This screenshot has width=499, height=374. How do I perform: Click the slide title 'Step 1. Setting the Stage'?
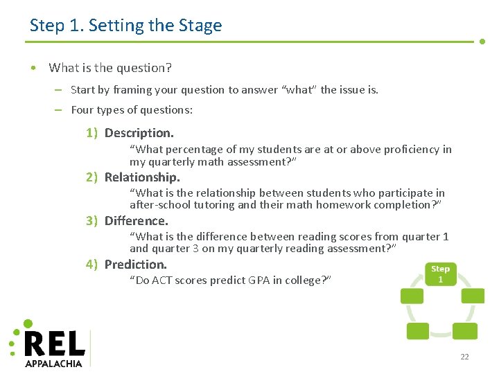tap(125, 26)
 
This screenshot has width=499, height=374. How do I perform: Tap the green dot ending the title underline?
tap(482, 42)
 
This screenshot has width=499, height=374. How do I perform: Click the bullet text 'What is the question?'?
tap(110, 68)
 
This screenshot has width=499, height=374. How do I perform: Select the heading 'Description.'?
tap(139, 133)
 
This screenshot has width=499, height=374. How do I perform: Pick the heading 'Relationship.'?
tap(141, 177)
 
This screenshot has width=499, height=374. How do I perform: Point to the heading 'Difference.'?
tap(136, 221)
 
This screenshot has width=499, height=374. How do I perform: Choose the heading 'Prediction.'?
tap(135, 264)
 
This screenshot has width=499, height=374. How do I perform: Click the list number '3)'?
tap(91, 221)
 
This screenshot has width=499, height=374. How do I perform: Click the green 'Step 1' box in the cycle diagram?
tap(440, 273)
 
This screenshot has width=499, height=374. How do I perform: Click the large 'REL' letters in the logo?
tap(54, 344)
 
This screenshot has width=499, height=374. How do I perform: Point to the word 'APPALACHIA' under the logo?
tap(53, 363)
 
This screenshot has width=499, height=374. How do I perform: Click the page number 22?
tap(464, 357)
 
